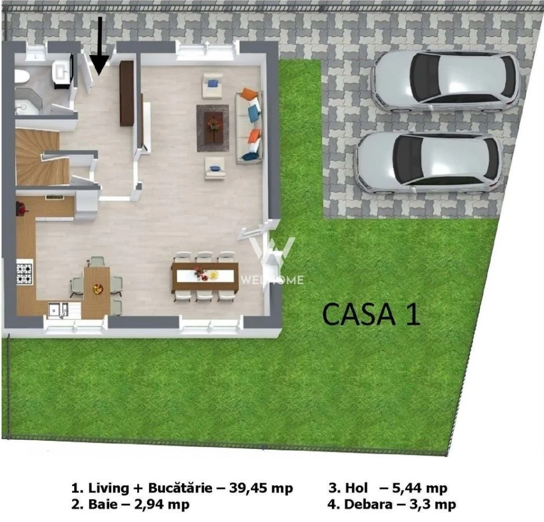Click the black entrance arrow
pos(99,46)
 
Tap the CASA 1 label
pos(371,314)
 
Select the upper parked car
pos(445,82)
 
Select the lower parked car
pos(429,163)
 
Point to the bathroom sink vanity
pos(62,73)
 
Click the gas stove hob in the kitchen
pos(24,274)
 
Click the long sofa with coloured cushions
pos(249,126)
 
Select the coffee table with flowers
pos(213,128)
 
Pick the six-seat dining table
pos(205,277)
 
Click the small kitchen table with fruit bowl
pos(97,288)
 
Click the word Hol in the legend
pos(356,488)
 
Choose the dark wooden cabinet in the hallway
pos(127,93)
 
